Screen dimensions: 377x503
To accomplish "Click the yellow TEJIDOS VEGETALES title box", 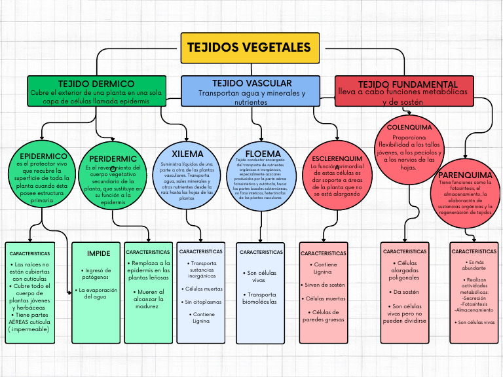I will pyautogui.click(x=250, y=48).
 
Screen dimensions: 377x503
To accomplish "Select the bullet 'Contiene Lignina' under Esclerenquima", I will pyautogui.click(x=323, y=268).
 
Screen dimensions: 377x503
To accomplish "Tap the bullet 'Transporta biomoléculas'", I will pyautogui.click(x=260, y=298).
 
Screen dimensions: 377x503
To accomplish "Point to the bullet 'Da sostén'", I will pyautogui.click(x=406, y=292).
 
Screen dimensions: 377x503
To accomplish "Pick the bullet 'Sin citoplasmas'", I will pyautogui.click(x=202, y=302).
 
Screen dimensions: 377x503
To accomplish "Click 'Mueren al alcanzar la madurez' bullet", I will pyautogui.click(x=147, y=298).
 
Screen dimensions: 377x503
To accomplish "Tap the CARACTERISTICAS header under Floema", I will pyautogui.click(x=261, y=252).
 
